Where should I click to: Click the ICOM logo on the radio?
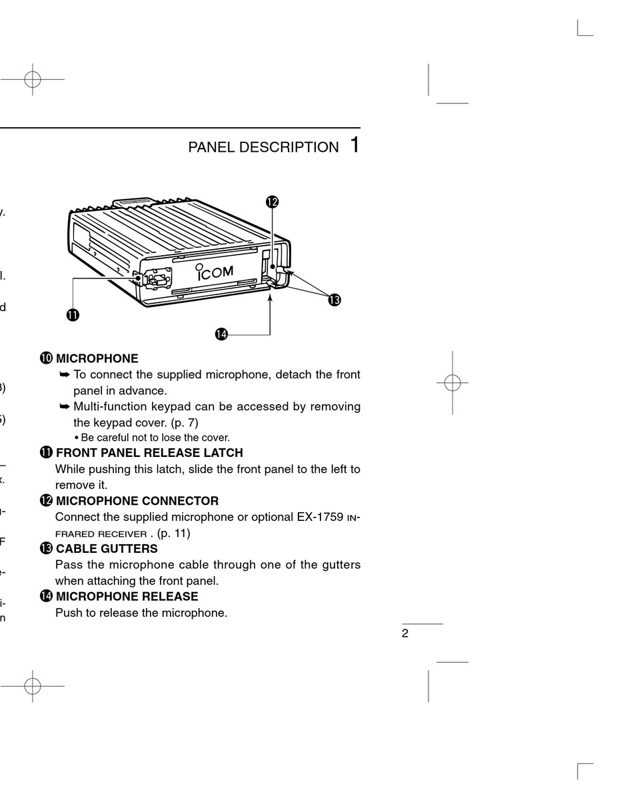(214, 272)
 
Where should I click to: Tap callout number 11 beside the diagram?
(72, 315)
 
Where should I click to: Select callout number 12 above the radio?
(272, 201)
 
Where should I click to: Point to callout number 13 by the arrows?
(334, 300)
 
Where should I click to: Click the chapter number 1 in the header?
(354, 145)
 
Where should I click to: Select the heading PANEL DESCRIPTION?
(263, 147)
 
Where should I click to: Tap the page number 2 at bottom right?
(405, 633)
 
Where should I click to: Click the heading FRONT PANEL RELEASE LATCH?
(149, 453)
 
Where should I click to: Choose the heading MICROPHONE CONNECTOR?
(137, 501)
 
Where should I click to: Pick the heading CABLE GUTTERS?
(107, 549)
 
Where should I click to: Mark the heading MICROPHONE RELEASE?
(127, 597)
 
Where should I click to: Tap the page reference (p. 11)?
(173, 533)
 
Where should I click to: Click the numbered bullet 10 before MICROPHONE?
(46, 358)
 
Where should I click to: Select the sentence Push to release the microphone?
(141, 613)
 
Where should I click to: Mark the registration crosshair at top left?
(31, 79)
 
